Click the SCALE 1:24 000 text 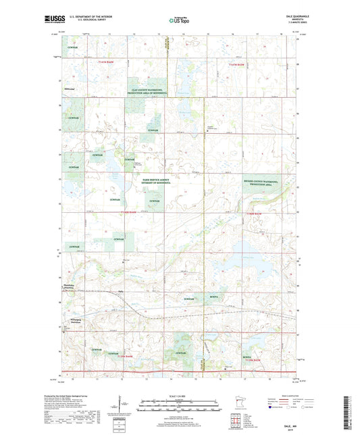click(x=180, y=396)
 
